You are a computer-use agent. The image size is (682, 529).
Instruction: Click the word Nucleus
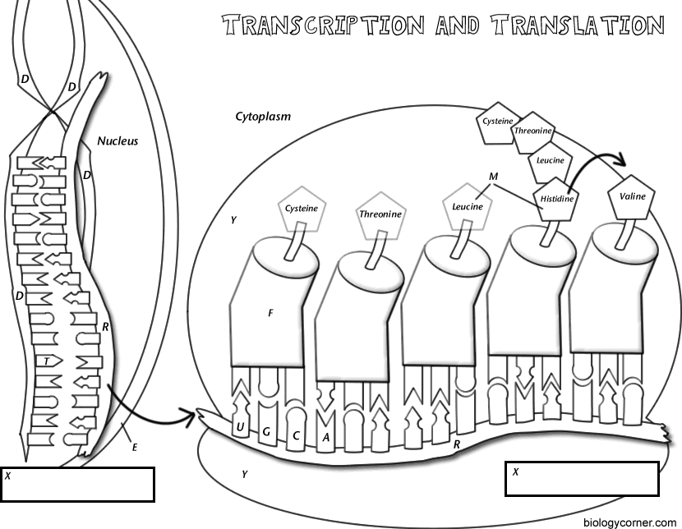pyautogui.click(x=118, y=140)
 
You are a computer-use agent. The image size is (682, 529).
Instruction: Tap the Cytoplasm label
pyautogui.click(x=263, y=117)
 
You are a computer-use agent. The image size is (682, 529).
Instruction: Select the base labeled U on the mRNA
pyautogui.click(x=239, y=425)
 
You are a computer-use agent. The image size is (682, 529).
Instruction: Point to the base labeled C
pyautogui.click(x=296, y=435)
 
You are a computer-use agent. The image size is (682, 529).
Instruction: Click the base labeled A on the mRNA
pyautogui.click(x=326, y=437)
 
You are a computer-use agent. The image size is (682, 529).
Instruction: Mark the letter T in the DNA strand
pyautogui.click(x=48, y=361)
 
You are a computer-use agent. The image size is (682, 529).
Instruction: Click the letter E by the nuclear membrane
pyautogui.click(x=133, y=448)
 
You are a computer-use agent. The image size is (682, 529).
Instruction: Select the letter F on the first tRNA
pyautogui.click(x=270, y=313)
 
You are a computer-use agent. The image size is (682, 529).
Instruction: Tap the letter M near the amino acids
pyautogui.click(x=493, y=177)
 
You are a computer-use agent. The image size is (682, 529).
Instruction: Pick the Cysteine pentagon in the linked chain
pyautogui.click(x=497, y=122)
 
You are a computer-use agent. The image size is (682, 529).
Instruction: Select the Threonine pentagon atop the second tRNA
pyautogui.click(x=380, y=214)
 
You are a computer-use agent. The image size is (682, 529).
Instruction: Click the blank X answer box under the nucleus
pyautogui.click(x=77, y=485)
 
